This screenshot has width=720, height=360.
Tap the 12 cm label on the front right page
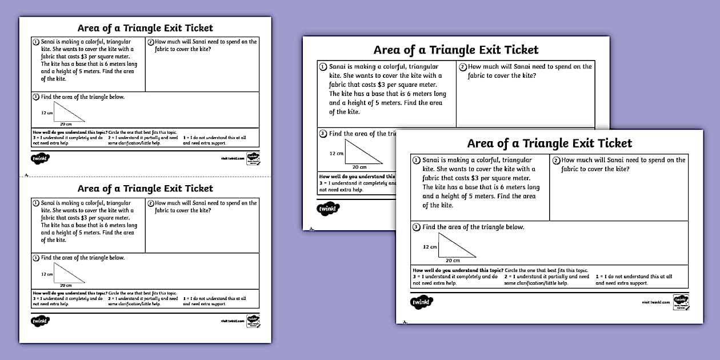(x=430, y=247)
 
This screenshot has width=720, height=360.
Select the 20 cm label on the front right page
(x=453, y=261)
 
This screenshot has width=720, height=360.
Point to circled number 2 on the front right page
(x=557, y=161)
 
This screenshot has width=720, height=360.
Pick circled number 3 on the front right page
(x=417, y=227)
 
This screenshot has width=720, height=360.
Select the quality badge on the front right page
(x=680, y=301)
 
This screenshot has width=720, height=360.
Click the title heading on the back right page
(x=456, y=50)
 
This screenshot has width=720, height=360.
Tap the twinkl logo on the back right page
(x=328, y=209)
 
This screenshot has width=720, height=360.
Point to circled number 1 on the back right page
(x=323, y=67)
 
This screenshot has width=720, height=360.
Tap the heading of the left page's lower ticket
(x=145, y=189)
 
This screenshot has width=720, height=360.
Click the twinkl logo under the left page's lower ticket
(x=40, y=321)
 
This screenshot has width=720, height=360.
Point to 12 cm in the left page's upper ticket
(x=47, y=113)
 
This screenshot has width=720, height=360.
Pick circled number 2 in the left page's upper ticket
(x=151, y=42)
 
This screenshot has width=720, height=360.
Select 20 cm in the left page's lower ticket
(x=66, y=285)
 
